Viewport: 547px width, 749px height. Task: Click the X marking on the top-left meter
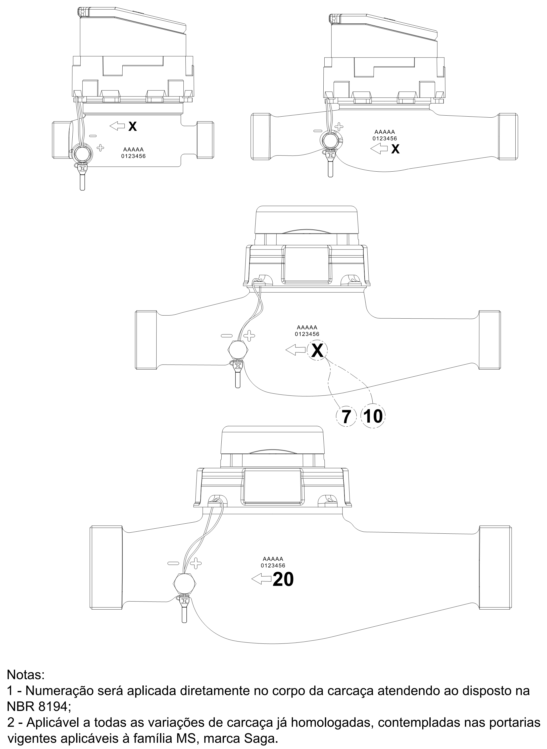[x=132, y=126]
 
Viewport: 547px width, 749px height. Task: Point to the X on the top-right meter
[x=395, y=149]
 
